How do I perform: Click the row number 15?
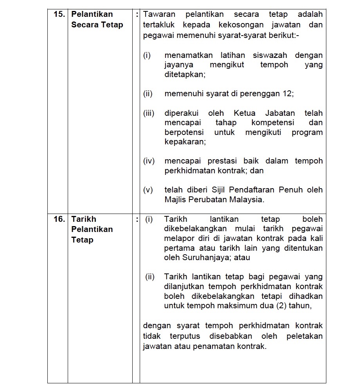click(x=59, y=14)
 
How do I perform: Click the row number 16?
click(x=59, y=219)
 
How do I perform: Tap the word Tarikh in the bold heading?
click(x=83, y=219)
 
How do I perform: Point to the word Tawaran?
click(x=159, y=14)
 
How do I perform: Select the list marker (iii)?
click(x=149, y=113)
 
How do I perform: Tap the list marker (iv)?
click(x=149, y=161)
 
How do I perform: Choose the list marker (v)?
click(x=148, y=190)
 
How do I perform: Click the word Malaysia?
click(x=248, y=199)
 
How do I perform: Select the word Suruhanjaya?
click(x=207, y=258)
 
